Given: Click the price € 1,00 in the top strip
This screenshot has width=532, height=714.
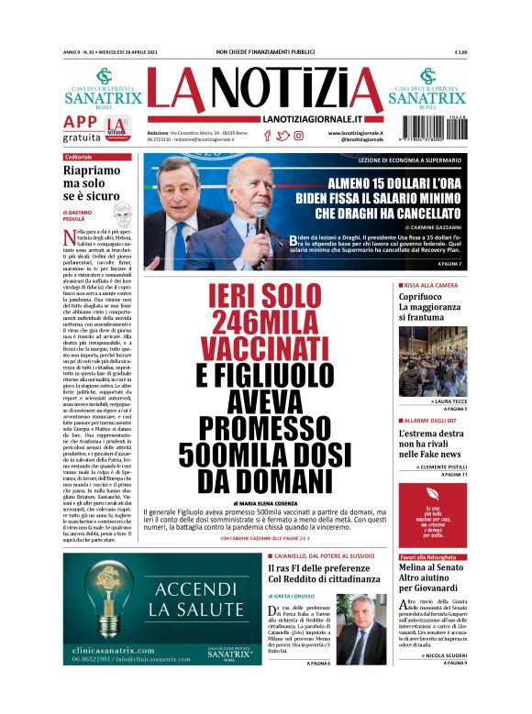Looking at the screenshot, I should tap(460, 51).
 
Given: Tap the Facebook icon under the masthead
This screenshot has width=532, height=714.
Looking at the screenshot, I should tap(267, 136).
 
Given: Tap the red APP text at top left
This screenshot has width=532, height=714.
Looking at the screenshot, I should tap(81, 123).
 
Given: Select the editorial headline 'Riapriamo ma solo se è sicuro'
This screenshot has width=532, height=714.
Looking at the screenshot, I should tap(92, 182).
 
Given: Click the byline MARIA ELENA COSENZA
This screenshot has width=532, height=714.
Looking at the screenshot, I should tap(266, 503).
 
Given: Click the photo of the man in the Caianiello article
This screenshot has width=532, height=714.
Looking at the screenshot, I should tap(362, 628).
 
